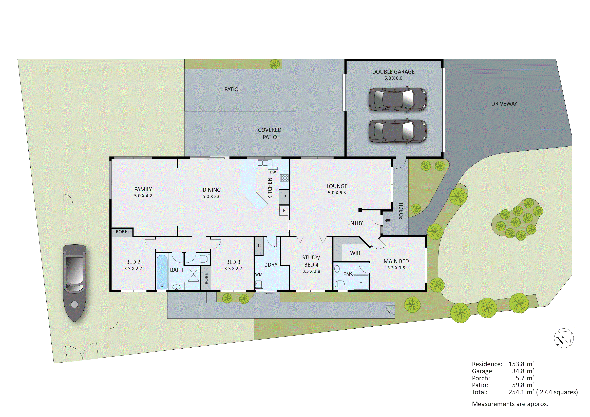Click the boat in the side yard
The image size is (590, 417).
point(74,283)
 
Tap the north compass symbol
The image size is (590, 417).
point(564,338)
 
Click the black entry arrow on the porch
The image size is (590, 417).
point(388,220)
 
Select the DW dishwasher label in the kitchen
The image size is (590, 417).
point(273,172)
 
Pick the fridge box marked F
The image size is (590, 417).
point(284,211)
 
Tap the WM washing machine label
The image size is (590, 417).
point(259,274)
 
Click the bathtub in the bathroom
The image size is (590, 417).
point(162,272)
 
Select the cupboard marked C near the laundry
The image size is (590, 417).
point(259,246)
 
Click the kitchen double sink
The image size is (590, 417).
point(265,163)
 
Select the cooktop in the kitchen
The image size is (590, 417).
point(285,177)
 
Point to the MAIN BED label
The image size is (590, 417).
point(396,261)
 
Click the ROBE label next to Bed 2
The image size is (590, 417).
point(122,232)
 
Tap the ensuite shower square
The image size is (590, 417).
point(361,282)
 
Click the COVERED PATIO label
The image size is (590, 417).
point(270,133)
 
